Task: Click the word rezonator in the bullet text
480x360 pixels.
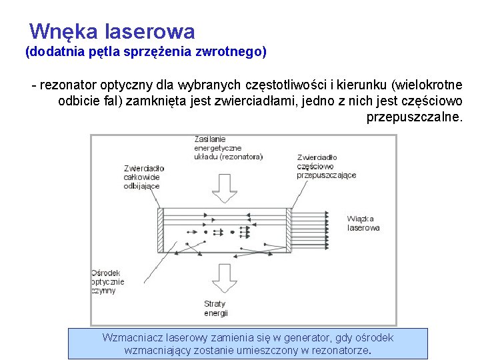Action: [x=65, y=85]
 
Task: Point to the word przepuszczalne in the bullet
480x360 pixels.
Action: [x=413, y=117]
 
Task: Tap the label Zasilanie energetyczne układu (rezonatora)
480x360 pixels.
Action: [x=228, y=147]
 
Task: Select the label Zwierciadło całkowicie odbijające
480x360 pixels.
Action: [x=143, y=177]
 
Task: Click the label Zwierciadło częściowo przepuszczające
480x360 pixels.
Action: [x=326, y=166]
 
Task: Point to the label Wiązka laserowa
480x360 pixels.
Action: [x=363, y=223]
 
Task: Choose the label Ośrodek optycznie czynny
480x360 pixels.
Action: [x=108, y=281]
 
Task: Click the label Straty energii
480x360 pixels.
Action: [x=216, y=308]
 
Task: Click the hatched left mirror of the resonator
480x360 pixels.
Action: [x=159, y=230]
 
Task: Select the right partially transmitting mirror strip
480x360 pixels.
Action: [x=289, y=230]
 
